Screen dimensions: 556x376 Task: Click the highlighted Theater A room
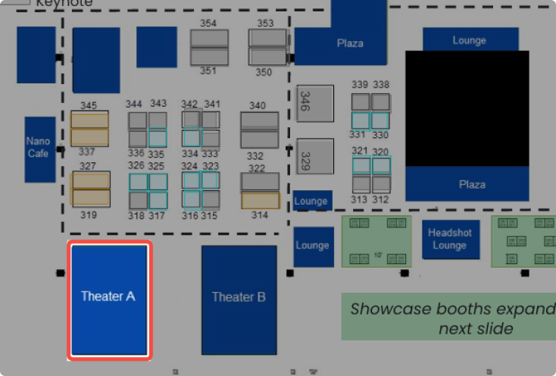pyautogui.click(x=108, y=299)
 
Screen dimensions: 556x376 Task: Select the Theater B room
pyautogui.click(x=239, y=299)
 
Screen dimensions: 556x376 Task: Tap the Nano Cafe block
pyautogui.click(x=39, y=149)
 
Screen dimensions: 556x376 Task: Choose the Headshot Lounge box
pyautogui.click(x=449, y=240)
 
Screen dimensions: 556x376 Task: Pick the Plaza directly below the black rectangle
pyautogui.click(x=472, y=184)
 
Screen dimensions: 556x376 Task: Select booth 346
pyautogui.click(x=315, y=103)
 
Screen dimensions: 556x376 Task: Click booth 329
pyautogui.click(x=315, y=156)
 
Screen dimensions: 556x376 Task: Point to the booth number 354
pyautogui.click(x=208, y=23)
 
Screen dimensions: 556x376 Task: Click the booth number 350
pyautogui.click(x=264, y=73)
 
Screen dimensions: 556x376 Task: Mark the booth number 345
pyautogui.click(x=89, y=105)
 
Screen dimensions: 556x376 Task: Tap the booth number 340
pyautogui.click(x=258, y=105)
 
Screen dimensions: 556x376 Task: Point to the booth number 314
pyautogui.click(x=260, y=215)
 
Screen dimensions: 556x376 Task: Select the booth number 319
pyautogui.click(x=89, y=215)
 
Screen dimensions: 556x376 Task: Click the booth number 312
pyautogui.click(x=380, y=200)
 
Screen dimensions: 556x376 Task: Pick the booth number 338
pyautogui.click(x=381, y=85)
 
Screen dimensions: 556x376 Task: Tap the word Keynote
pyautogui.click(x=64, y=4)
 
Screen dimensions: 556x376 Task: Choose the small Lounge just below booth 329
pyautogui.click(x=312, y=201)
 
